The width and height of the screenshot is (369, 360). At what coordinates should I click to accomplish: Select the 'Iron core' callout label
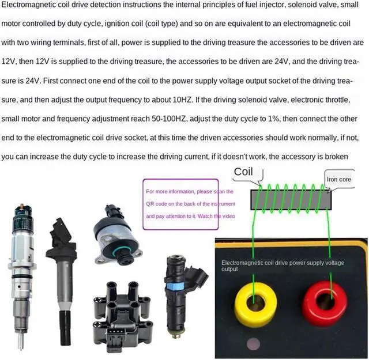tap(339, 179)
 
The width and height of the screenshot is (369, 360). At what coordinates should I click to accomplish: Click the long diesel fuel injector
tap(21, 271)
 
